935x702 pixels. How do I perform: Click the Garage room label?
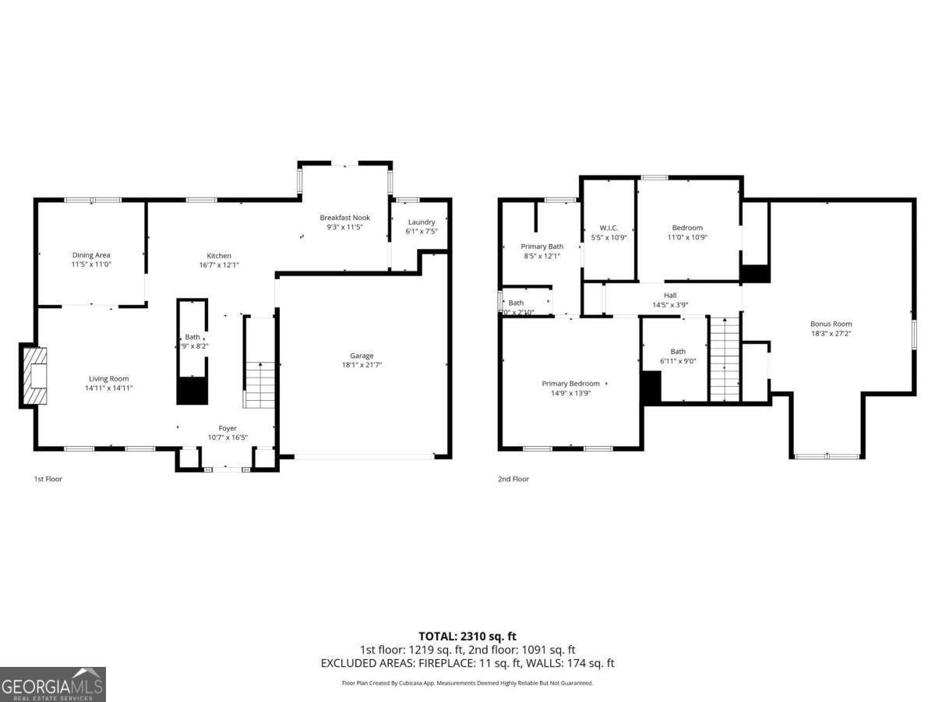[362, 356]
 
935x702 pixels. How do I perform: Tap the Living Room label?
[108, 378]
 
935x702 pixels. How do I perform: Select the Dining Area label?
[91, 255]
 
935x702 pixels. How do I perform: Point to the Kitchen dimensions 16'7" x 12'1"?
[219, 265]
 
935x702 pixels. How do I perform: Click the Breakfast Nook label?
[344, 218]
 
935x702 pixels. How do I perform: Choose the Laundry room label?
[421, 222]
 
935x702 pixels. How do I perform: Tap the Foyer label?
[228, 428]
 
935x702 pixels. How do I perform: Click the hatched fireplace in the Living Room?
[35, 376]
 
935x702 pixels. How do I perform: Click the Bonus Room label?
[831, 324]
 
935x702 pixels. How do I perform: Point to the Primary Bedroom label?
[570, 383]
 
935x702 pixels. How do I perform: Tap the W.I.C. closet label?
[609, 228]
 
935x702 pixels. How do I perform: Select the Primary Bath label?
[542, 246]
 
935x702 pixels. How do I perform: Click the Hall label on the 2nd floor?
[670, 295]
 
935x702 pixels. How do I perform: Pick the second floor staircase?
[724, 359]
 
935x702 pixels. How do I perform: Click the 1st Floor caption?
[48, 479]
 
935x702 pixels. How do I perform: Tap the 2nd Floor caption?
[513, 479]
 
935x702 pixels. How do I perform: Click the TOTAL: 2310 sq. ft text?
[467, 636]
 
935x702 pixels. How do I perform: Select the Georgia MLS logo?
[52, 684]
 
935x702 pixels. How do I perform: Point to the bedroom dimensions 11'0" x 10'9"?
[687, 237]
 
